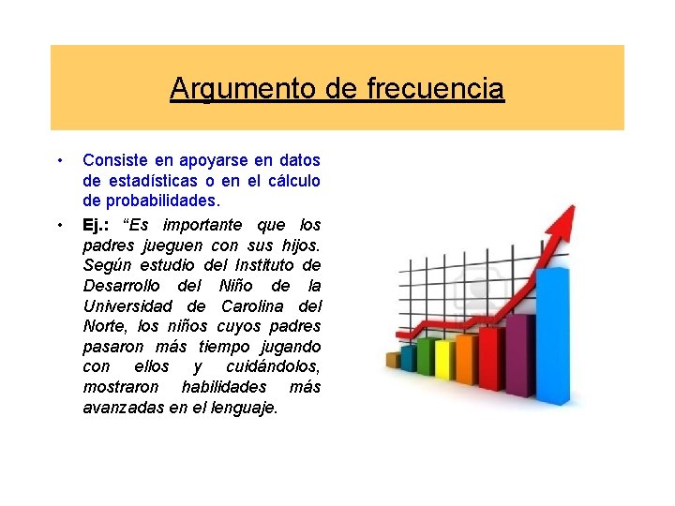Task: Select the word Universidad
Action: [130, 306]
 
